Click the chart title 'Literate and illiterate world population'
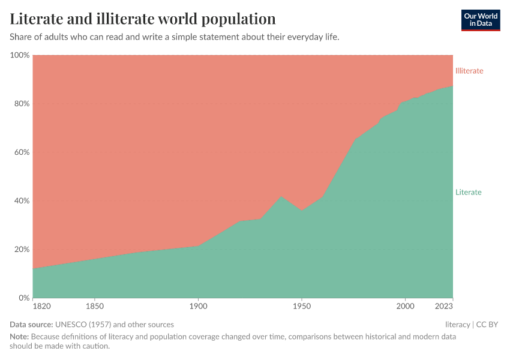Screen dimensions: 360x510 point(143,19)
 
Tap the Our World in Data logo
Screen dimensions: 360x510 point(480,20)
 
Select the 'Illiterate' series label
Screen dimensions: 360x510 point(469,71)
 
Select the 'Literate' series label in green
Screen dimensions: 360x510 point(468,192)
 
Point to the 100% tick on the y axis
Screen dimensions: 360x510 point(20,55)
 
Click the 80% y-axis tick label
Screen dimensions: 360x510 point(22,104)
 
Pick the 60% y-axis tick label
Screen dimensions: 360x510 point(22,152)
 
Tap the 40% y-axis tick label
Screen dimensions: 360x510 point(22,201)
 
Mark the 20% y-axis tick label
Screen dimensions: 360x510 point(22,250)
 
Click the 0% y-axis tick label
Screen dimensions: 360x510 point(23,298)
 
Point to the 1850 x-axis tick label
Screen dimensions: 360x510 point(95,307)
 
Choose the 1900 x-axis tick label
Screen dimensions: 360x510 point(198,307)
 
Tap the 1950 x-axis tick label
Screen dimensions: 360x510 point(302,307)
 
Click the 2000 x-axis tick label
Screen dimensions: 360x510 point(405,307)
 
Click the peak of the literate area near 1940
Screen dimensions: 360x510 point(281,196)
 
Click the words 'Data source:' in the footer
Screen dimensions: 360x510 point(31,325)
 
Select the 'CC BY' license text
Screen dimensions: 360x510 point(487,325)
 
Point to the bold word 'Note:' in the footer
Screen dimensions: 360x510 point(19,337)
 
